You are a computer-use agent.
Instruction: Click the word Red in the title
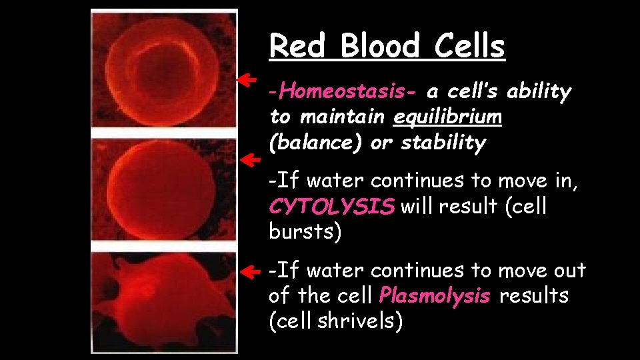[299, 47]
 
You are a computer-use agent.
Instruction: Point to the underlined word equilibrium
[447, 117]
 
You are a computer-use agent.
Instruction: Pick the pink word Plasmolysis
[433, 296]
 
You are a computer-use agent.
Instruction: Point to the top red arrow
[248, 81]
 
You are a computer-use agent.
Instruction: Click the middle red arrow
[248, 160]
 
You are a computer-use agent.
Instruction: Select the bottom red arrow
[248, 272]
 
